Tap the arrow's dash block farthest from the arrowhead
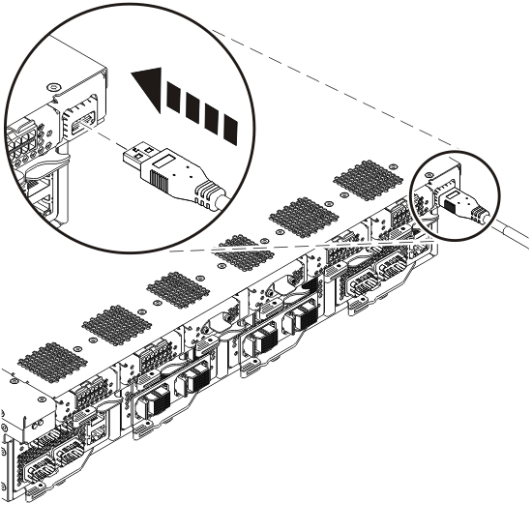coord(228,128)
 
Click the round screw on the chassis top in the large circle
coord(55,88)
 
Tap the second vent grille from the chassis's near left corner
coord(108,326)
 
